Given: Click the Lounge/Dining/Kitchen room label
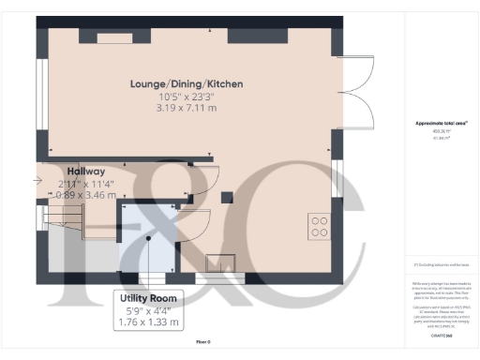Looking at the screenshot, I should [187, 84].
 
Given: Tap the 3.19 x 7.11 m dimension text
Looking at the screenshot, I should [187, 109].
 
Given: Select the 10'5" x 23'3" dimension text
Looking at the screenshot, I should [187, 97].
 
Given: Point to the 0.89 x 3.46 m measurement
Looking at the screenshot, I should [86, 195].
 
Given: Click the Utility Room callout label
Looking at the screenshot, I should [148, 299].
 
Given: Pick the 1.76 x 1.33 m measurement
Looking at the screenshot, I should [148, 322].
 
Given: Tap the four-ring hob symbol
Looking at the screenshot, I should [319, 226].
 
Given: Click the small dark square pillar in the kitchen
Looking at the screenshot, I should [226, 198].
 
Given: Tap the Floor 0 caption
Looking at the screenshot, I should [202, 342].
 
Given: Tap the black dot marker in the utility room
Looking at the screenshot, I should [147, 237].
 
